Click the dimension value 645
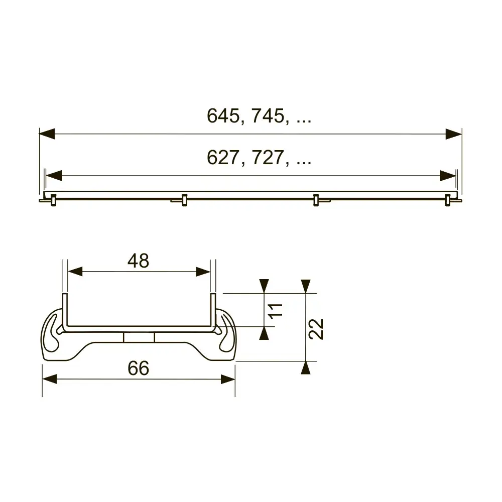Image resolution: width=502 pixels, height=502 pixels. pos(223,115)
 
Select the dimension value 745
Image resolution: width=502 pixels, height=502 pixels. pos(268,115)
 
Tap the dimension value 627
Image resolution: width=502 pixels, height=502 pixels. pos(223,158)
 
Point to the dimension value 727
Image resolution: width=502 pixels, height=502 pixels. pos(268,158)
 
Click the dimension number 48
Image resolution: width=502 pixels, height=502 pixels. pos(139,261)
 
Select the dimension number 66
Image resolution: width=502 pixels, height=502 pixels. pos(139,368)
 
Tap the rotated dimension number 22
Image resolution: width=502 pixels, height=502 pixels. pos(316,329)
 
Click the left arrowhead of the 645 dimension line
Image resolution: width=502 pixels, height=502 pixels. pos(47,134)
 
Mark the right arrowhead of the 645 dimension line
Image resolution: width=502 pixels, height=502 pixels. pos(454,134)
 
